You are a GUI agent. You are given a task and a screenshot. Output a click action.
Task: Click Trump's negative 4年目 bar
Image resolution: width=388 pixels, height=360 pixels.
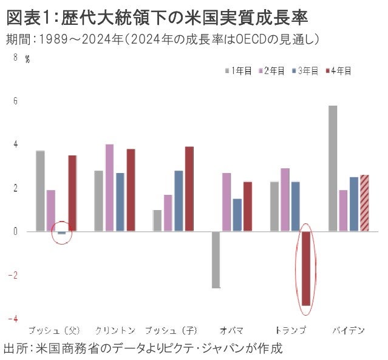click(305, 268)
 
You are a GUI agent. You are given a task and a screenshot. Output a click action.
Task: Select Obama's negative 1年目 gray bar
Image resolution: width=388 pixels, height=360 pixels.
click(216, 259)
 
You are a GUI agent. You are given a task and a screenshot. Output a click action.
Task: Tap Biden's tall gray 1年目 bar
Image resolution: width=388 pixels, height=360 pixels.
click(332, 168)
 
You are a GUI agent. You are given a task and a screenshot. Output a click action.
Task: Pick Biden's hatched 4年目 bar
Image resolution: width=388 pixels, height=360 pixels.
click(364, 203)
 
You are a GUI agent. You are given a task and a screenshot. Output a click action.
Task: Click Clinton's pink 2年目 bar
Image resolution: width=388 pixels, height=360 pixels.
click(109, 188)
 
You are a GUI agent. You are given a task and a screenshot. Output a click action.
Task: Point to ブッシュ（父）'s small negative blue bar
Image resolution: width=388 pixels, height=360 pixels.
click(61, 233)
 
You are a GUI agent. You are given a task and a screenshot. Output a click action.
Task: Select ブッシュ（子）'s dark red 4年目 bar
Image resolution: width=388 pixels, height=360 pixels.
click(189, 189)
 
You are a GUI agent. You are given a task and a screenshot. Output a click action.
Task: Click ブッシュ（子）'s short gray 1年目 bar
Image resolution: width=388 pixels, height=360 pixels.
click(157, 220)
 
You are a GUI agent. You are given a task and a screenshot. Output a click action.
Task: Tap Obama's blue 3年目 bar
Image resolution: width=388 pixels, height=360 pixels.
click(237, 215)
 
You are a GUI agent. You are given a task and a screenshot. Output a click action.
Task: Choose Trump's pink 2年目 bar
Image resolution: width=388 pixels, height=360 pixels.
click(285, 200)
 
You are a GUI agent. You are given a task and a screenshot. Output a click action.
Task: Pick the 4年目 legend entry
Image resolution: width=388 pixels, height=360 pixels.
click(341, 70)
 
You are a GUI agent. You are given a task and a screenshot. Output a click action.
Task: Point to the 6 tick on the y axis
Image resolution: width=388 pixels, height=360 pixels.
click(15, 101)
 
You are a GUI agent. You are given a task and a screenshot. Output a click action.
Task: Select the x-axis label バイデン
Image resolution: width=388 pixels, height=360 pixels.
click(348, 331)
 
